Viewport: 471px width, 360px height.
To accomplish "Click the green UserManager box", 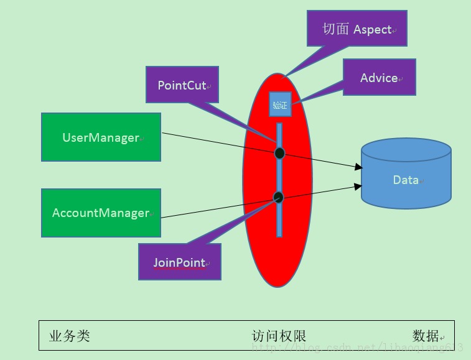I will tap(101, 137).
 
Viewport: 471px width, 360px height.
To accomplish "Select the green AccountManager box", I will tap(101, 213).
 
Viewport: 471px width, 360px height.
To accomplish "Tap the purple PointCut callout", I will tap(181, 85).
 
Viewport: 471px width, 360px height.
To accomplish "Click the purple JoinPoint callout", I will tap(179, 262).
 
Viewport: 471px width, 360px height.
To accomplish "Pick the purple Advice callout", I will tap(379, 78).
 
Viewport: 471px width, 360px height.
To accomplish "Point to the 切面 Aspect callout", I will tap(357, 29).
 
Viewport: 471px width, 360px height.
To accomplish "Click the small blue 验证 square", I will tap(280, 104).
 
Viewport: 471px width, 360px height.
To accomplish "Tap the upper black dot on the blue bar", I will tap(279, 153).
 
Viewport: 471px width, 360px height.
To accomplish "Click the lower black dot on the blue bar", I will tap(278, 197).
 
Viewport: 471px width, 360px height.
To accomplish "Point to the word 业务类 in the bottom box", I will tap(70, 336).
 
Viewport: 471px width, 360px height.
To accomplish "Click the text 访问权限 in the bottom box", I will tap(279, 336).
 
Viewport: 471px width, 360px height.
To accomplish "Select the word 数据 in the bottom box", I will tap(426, 336).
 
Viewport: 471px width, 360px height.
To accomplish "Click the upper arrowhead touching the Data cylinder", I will tap(358, 167).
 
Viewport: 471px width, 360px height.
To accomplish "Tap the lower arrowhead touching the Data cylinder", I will tap(358, 185).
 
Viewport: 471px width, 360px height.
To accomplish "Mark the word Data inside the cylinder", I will tap(406, 180).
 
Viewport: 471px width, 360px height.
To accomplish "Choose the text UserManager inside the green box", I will tap(101, 137).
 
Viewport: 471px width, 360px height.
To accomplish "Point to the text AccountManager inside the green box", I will tap(101, 213).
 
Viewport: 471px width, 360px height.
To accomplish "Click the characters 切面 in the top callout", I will tap(335, 29).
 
